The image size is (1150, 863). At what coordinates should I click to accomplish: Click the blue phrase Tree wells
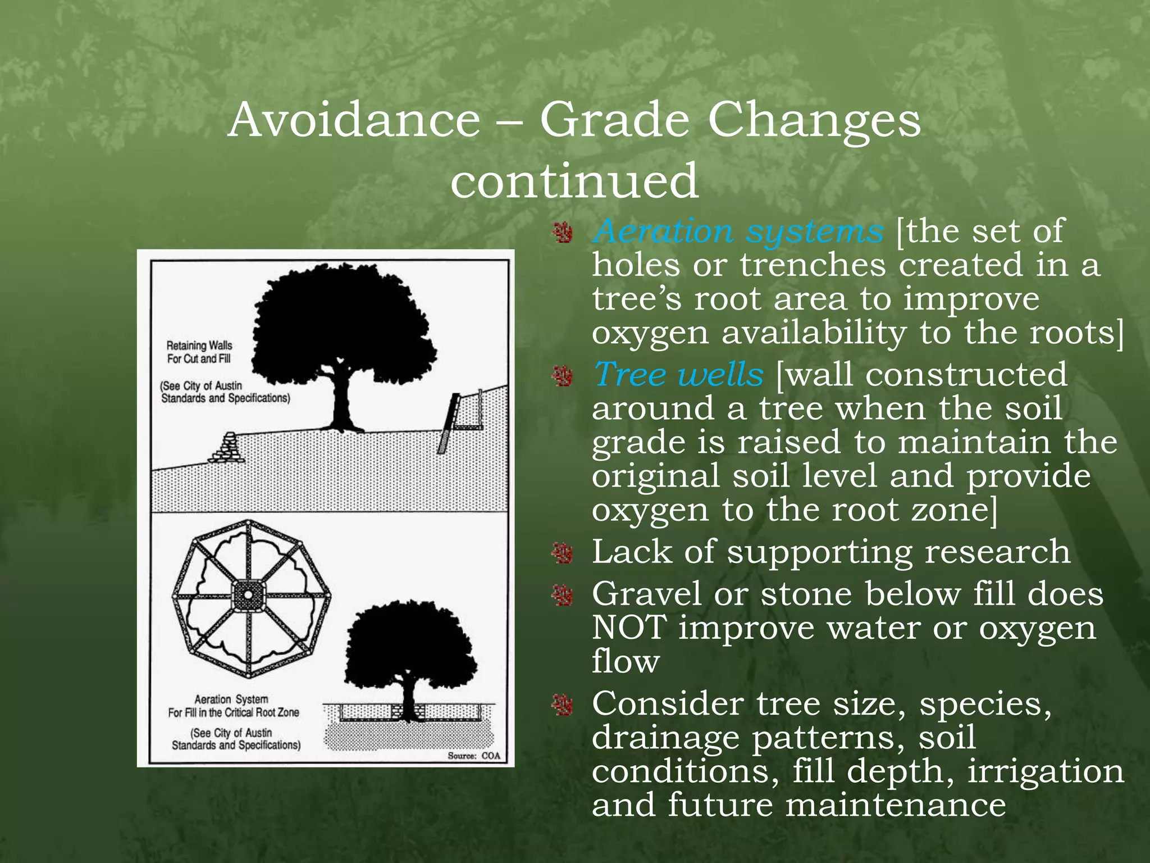pos(678,374)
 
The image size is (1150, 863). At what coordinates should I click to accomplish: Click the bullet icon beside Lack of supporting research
pos(562,553)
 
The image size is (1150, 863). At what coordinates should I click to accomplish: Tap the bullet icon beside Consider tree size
pos(562,705)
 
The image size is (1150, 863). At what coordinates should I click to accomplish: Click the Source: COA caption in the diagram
pos(473,756)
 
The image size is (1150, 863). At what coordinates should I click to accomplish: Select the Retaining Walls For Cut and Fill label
pos(199,352)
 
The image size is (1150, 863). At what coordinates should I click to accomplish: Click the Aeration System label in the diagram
pos(231,699)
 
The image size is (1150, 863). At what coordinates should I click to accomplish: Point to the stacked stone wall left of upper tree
pos(227,448)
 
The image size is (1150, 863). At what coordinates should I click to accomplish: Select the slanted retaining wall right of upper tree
pos(449,423)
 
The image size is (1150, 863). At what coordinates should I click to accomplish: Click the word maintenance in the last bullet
pos(895,805)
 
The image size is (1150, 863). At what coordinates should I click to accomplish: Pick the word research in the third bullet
pos(997,552)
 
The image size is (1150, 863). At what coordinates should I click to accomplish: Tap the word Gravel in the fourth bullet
pos(646,594)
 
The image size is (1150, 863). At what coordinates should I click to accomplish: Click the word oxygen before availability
pos(650,333)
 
